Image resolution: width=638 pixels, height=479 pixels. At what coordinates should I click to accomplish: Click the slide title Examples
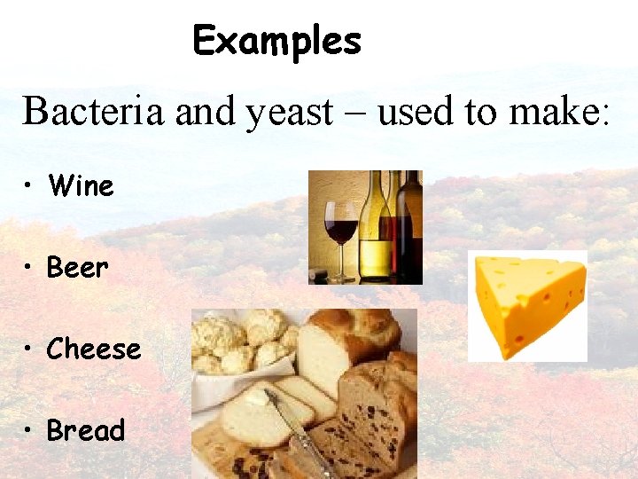[x=276, y=41]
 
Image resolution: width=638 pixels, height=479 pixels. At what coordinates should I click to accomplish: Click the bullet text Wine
[x=82, y=186]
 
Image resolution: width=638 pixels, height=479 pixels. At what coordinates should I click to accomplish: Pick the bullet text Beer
[x=78, y=267]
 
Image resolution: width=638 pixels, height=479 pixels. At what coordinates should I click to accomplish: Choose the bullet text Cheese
[x=94, y=349]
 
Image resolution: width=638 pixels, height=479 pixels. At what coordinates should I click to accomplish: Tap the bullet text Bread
[x=86, y=430]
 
